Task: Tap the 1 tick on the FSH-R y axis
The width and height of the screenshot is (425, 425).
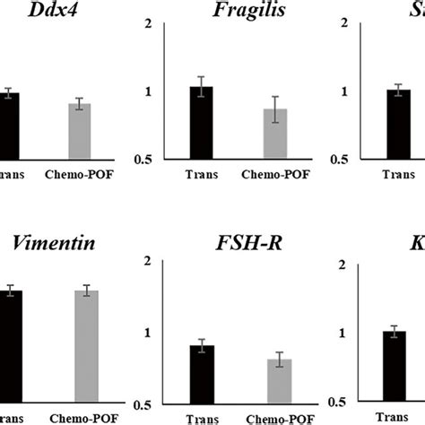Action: [148, 334]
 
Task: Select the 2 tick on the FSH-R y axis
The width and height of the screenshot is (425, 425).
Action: [148, 261]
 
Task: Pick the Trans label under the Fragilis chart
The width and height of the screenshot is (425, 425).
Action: [202, 175]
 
